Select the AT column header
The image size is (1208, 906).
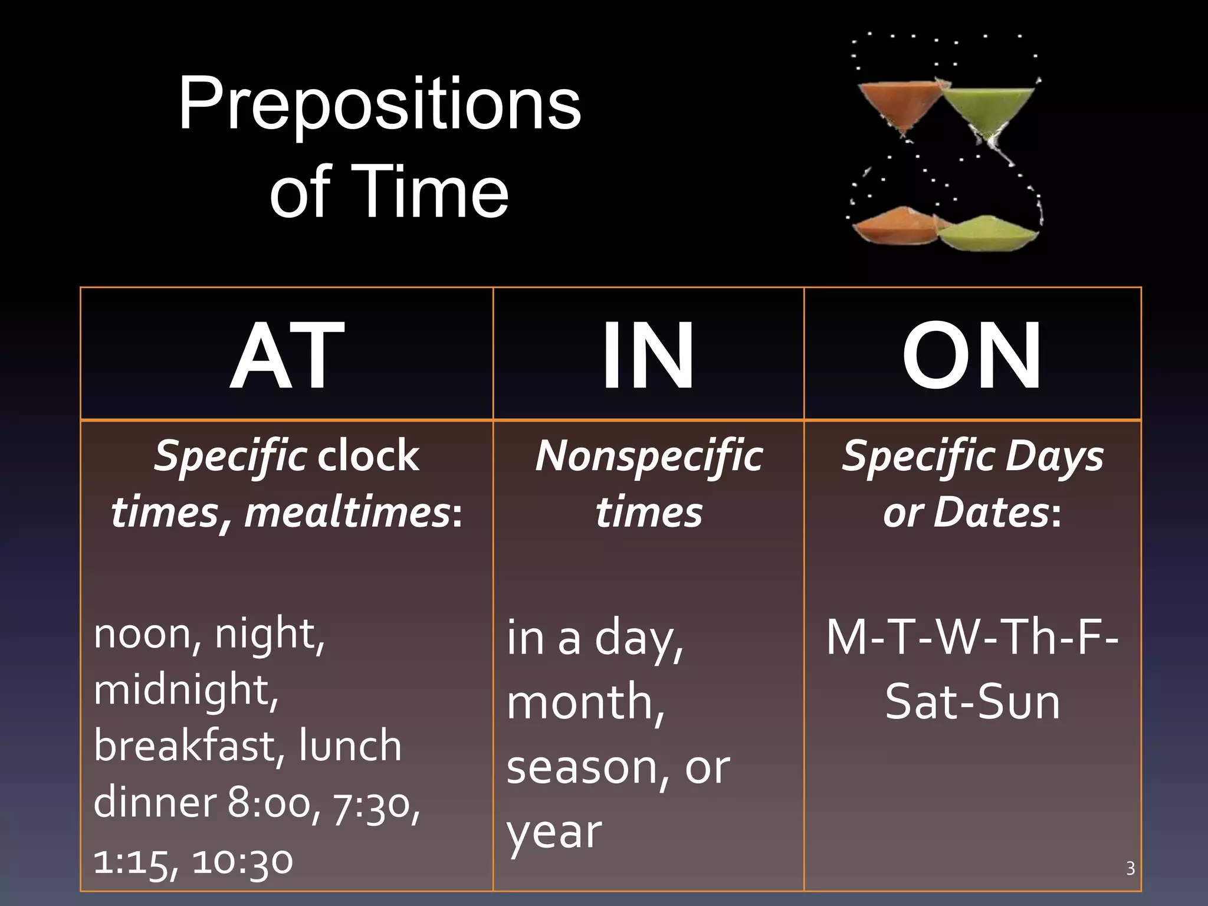287,355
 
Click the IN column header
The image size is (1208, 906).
648,355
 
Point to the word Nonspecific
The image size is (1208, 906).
648,457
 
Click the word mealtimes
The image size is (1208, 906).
347,512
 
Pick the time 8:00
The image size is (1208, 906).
270,803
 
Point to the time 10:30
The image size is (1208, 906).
242,861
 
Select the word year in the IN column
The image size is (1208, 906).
554,833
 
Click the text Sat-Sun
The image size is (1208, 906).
972,702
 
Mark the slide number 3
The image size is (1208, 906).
1130,868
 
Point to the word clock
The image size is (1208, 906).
369,457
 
